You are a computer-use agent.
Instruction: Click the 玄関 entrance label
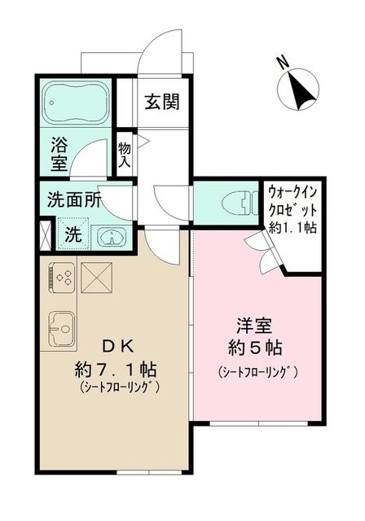[x=162, y=103]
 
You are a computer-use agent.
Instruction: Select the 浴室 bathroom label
[x=59, y=154]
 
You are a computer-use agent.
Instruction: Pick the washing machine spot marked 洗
[x=73, y=236]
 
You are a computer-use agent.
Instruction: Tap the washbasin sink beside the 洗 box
[x=112, y=237]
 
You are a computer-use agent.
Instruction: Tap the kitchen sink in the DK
[x=61, y=331]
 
